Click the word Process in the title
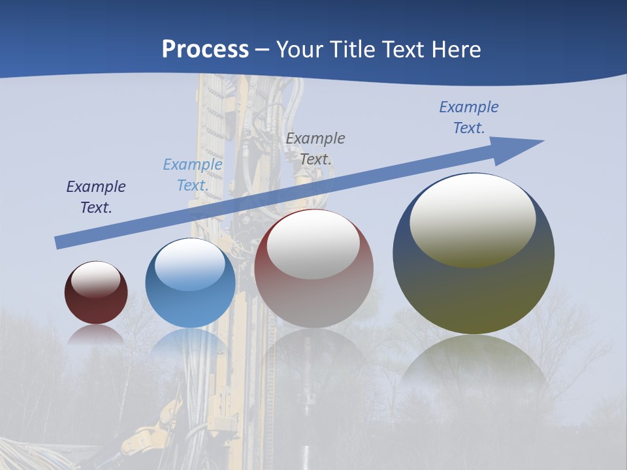(x=205, y=49)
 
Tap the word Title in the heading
(x=353, y=49)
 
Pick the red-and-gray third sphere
(x=313, y=294)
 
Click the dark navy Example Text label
(x=96, y=197)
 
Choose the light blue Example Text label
(x=193, y=175)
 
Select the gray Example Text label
(x=315, y=148)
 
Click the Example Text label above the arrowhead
(x=469, y=117)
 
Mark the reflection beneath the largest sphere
(x=474, y=366)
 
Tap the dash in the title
(x=263, y=50)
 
